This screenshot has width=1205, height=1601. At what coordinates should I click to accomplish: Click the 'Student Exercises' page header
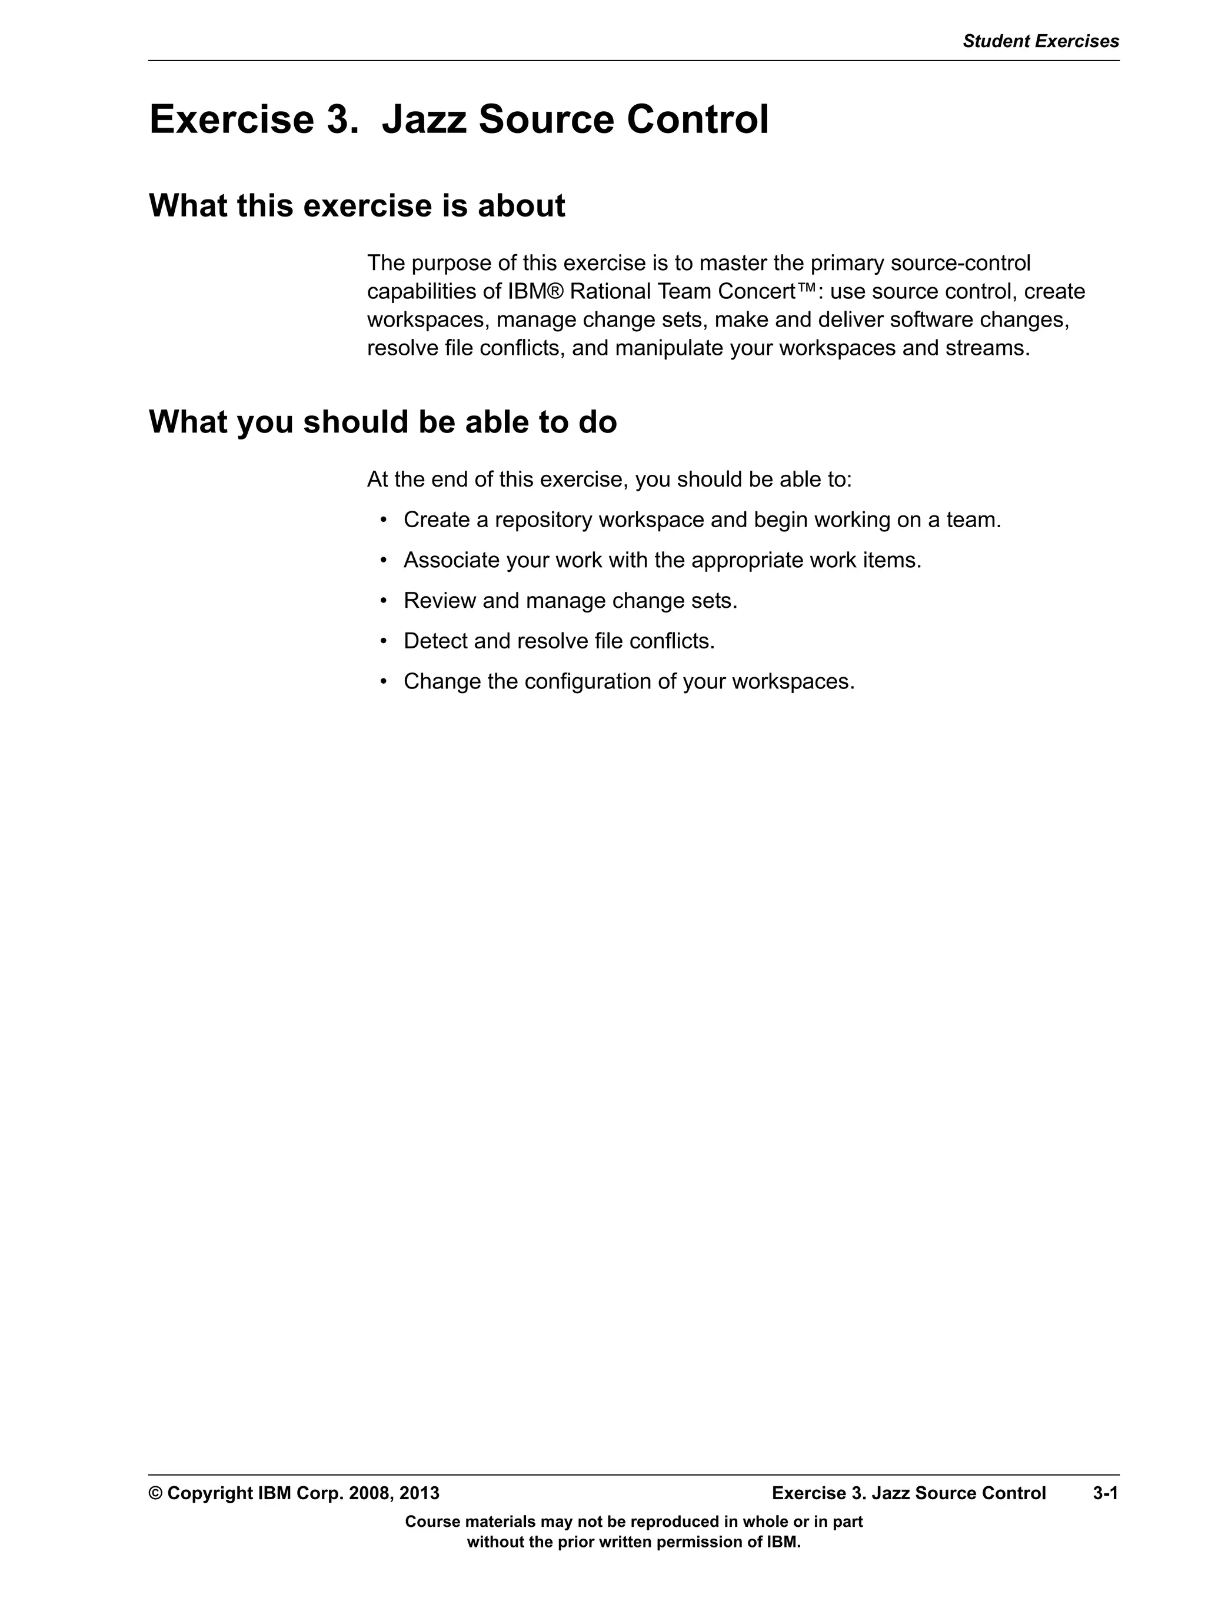(1040, 41)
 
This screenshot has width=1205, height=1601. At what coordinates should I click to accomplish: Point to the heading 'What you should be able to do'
(383, 422)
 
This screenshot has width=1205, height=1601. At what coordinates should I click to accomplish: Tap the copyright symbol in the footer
(155, 1493)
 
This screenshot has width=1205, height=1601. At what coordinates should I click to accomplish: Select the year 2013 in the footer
(419, 1493)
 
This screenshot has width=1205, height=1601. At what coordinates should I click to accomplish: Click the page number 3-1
(1105, 1493)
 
